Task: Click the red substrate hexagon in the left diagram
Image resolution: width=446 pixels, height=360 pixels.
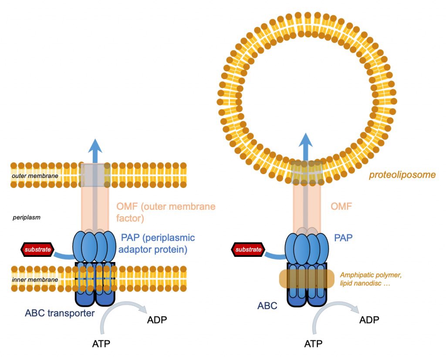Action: [37, 250]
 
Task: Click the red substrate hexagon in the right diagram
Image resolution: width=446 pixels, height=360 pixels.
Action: [248, 250]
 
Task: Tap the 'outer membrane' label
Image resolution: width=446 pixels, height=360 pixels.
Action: [35, 176]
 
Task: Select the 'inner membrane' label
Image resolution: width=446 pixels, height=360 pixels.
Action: [35, 280]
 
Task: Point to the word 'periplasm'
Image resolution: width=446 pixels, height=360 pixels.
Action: [27, 218]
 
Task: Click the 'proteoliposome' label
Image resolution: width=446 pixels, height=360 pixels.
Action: [402, 175]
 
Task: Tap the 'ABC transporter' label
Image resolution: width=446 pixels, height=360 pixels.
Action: [60, 313]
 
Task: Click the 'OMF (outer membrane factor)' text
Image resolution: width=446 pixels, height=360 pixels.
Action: [166, 212]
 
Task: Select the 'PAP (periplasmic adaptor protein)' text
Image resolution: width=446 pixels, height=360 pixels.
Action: [157, 243]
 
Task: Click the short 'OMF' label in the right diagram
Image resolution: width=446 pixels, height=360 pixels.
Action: [341, 206]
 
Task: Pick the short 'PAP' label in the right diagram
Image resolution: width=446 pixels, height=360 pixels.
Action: [343, 237]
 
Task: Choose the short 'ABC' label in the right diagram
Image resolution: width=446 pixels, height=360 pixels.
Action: [267, 306]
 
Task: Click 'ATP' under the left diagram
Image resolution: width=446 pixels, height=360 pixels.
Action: [101, 344]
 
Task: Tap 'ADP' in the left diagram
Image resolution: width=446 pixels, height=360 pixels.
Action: [157, 320]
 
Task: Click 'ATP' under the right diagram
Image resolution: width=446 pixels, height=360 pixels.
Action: [313, 344]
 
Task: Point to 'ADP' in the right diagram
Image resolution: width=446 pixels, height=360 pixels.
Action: [369, 320]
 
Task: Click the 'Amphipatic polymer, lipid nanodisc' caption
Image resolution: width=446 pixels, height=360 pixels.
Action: [371, 279]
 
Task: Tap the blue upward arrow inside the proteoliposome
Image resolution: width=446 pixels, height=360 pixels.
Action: [305, 147]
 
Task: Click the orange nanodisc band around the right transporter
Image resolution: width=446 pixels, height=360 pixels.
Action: [307, 279]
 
